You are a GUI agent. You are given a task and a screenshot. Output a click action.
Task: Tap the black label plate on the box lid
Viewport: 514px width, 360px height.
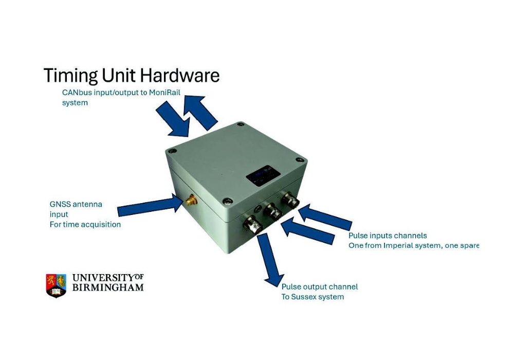259,176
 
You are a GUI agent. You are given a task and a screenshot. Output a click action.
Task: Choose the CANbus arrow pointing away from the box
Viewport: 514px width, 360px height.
200,112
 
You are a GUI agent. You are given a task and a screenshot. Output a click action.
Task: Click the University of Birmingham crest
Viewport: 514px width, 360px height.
56,285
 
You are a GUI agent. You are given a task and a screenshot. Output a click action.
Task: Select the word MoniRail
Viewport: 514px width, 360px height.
164,93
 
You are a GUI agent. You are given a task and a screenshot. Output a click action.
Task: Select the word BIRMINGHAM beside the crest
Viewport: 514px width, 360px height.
108,287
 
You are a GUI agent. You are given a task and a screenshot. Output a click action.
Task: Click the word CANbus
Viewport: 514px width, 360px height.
77,93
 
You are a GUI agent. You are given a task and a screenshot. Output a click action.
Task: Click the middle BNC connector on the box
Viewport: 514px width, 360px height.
273,212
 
